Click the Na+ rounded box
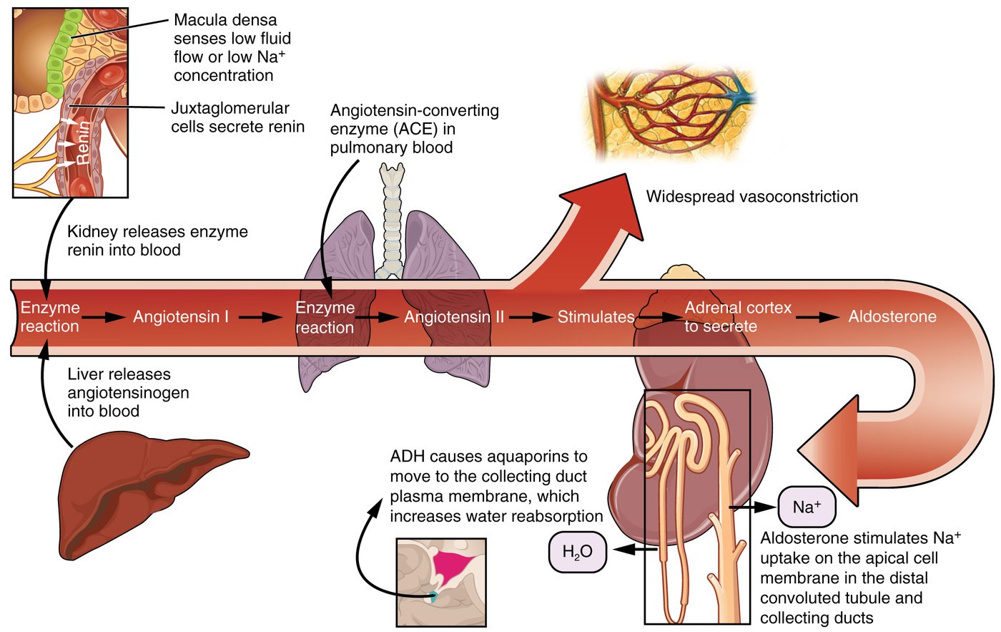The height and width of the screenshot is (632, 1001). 806,507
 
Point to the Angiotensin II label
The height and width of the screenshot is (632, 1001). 454,316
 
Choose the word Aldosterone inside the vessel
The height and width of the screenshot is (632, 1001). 892,316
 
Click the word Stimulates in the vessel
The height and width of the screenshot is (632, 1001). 596,316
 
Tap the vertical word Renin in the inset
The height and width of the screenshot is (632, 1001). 84,143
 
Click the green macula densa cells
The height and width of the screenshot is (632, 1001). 61,57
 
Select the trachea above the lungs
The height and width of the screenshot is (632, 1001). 391,215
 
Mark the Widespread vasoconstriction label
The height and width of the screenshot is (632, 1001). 751,197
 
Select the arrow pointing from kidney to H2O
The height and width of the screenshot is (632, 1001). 635,550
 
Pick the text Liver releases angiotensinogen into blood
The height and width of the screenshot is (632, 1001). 128,392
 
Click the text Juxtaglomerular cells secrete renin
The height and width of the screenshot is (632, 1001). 237,117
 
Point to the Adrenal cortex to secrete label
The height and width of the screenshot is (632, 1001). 737,317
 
